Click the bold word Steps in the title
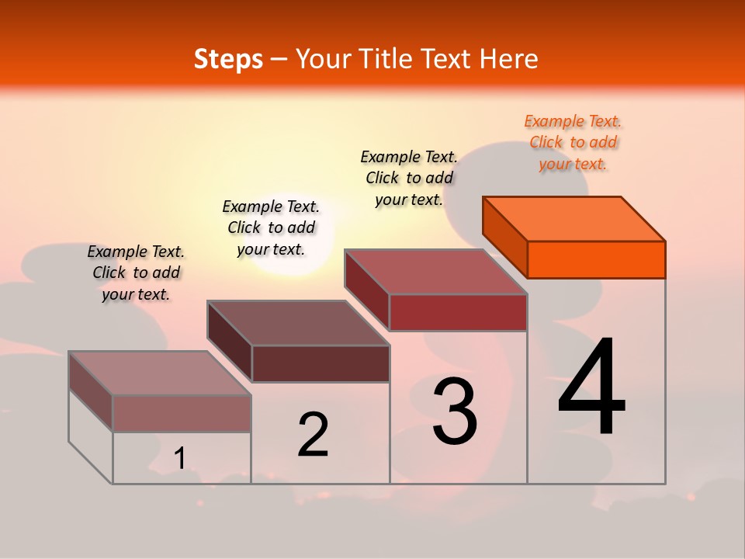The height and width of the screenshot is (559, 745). (228, 59)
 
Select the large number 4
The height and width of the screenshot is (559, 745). (591, 388)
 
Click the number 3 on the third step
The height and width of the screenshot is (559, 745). (455, 411)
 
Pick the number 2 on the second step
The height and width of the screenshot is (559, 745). (313, 435)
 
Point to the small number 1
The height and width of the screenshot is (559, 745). (180, 459)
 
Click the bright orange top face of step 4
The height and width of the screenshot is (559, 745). (574, 219)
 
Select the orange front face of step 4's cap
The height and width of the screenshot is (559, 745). (596, 259)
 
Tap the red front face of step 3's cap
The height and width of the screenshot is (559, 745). (458, 312)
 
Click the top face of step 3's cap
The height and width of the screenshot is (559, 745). (436, 272)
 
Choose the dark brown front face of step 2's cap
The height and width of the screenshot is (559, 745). (321, 363)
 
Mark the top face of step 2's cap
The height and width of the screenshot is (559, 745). (298, 323)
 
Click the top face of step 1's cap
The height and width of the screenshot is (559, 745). (160, 373)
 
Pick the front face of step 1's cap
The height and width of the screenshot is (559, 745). (182, 413)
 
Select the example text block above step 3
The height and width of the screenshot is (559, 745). (409, 178)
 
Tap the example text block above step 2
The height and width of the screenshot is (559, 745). (271, 227)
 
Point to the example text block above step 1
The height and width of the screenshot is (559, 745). (136, 273)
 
